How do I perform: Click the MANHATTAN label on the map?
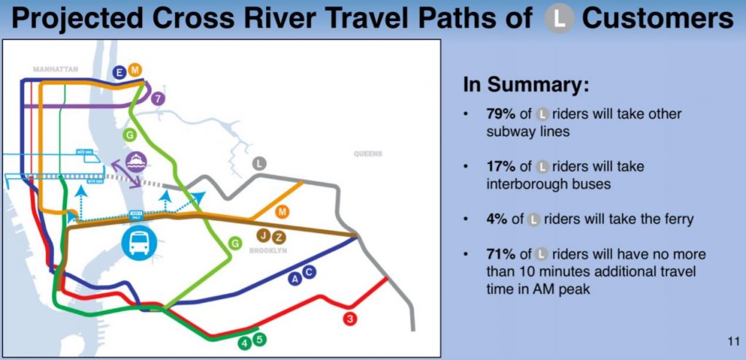click(55, 69)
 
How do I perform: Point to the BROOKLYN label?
click(270, 250)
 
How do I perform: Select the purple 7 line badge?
click(158, 98)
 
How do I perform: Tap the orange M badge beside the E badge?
click(134, 70)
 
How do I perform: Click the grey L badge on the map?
click(258, 164)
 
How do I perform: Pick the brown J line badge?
click(265, 237)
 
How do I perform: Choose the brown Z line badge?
click(279, 237)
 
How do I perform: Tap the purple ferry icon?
click(135, 162)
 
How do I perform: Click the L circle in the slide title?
click(559, 18)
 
